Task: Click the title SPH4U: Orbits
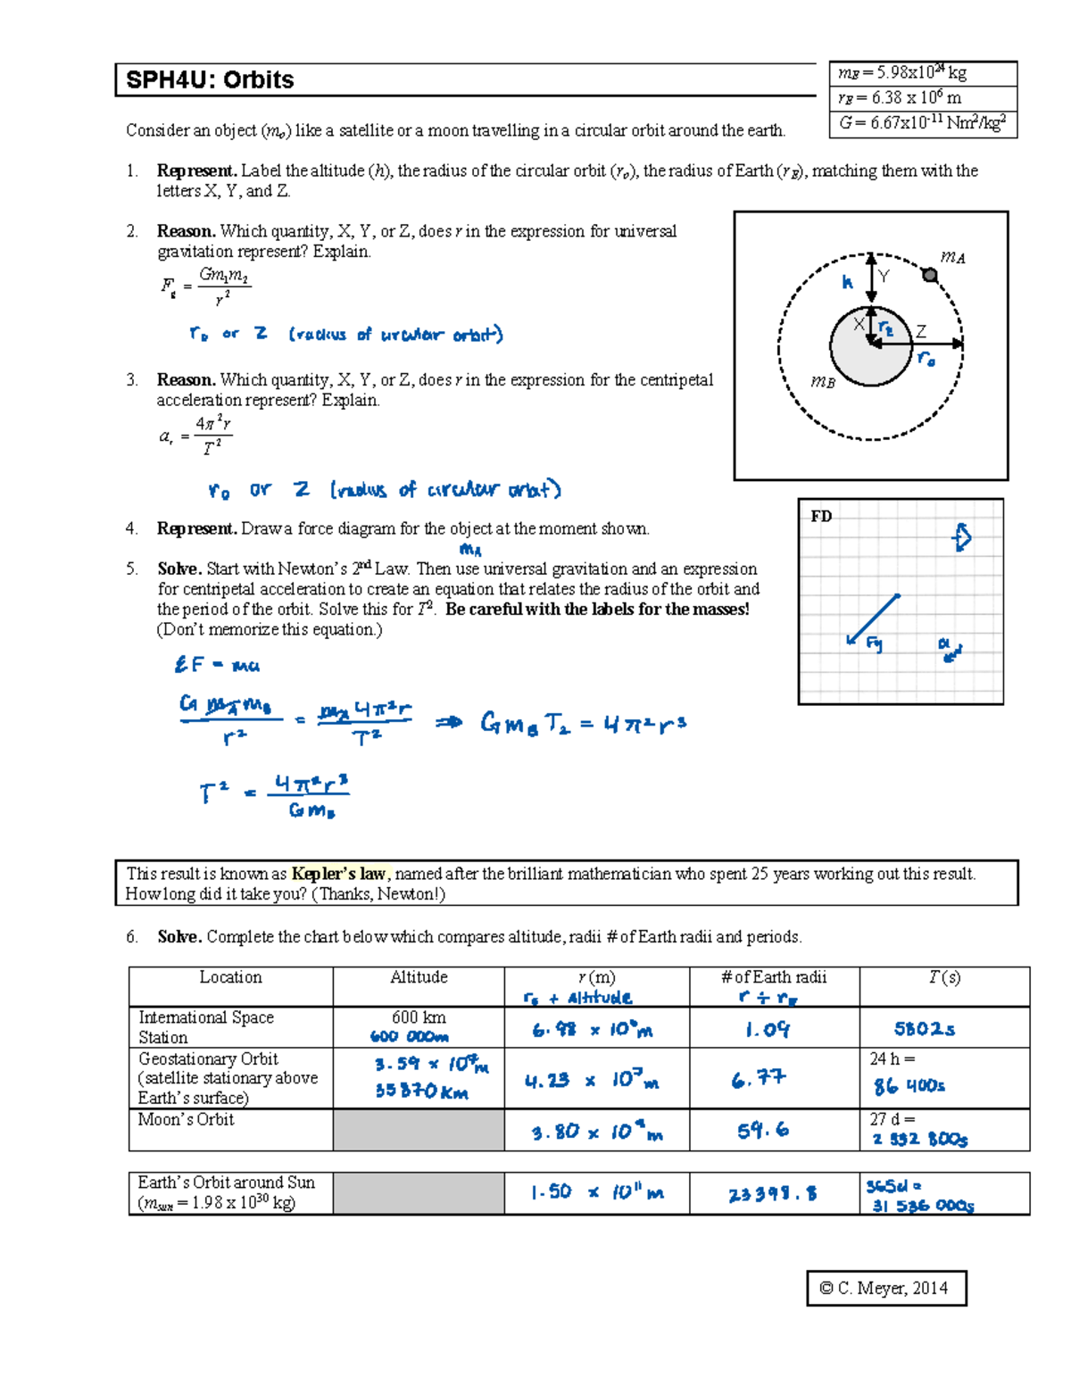pyautogui.click(x=210, y=80)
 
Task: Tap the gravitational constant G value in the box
pyautogui.click(x=922, y=123)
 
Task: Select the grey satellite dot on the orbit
pyautogui.click(x=930, y=275)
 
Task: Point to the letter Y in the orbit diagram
pyautogui.click(x=884, y=277)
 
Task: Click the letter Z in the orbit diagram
pyautogui.click(x=921, y=331)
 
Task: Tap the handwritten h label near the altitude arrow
pyautogui.click(x=847, y=282)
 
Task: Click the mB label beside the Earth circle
pyautogui.click(x=822, y=382)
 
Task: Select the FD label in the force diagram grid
pyautogui.click(x=821, y=516)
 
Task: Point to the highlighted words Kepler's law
pyautogui.click(x=338, y=874)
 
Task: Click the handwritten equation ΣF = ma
pyautogui.click(x=217, y=665)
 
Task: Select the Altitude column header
pyautogui.click(x=419, y=977)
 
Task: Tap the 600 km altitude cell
pyautogui.click(x=419, y=1017)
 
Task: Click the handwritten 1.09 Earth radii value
pyautogui.click(x=768, y=1030)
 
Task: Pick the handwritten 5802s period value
pyautogui.click(x=924, y=1029)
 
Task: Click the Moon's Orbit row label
pyautogui.click(x=186, y=1119)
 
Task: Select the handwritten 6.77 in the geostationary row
pyautogui.click(x=759, y=1080)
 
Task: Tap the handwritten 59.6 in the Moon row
pyautogui.click(x=762, y=1131)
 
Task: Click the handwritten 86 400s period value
pyautogui.click(x=909, y=1086)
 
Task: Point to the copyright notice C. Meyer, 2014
pyautogui.click(x=885, y=1288)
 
